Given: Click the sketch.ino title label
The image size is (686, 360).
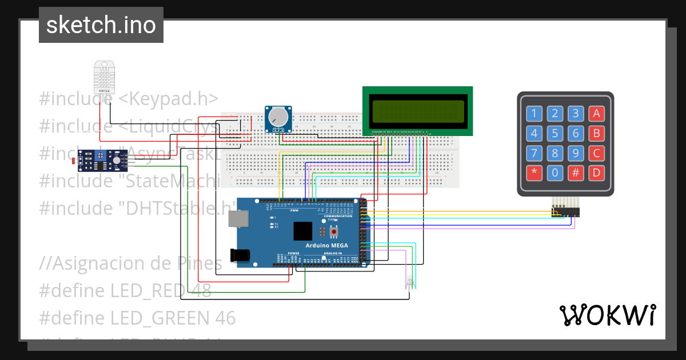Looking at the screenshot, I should pos(101,25).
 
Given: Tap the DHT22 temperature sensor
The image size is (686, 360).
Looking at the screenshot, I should pos(105,77).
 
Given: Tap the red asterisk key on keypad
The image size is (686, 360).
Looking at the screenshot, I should pos(534,173).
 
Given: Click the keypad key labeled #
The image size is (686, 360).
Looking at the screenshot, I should pos(576,173).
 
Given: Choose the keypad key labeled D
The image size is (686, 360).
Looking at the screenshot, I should pos(596,173).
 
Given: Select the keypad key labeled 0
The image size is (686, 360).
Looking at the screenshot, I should pos(555,173).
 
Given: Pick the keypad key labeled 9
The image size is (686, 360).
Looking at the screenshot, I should pos(576,153).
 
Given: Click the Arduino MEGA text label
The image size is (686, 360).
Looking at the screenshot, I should pos(324,245).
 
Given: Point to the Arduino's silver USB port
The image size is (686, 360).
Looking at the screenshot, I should pos(238,218).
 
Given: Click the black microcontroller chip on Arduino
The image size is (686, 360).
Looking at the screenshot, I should pos(303,231).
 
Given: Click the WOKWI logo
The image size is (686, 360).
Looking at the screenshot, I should pos(607,315).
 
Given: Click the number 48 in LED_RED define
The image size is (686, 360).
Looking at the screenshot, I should pos(201,290).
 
